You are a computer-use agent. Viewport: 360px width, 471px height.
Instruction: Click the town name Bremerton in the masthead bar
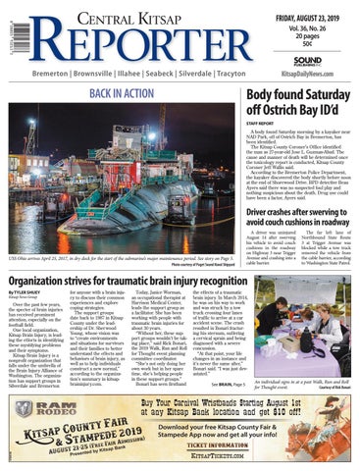(28, 73)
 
